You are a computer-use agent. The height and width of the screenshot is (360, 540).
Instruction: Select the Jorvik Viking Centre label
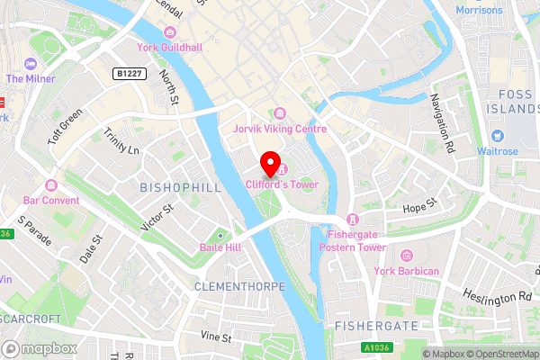(280, 129)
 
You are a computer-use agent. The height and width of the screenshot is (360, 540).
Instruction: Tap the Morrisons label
(480, 11)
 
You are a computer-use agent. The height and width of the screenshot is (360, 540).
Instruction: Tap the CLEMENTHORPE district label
(239, 285)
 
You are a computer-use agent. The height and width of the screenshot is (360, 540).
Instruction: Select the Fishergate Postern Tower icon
(351, 220)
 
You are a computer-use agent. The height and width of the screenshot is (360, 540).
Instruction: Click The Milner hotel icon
(31, 64)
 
